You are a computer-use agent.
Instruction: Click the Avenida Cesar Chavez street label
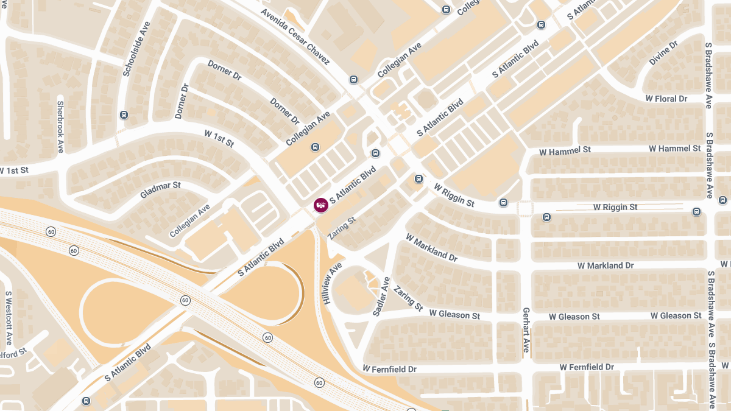coord(295,37)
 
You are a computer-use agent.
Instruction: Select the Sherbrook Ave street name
coord(60,127)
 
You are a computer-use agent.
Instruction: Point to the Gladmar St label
coord(160,189)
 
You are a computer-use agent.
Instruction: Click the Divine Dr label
coord(663,54)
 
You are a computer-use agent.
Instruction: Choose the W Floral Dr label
coord(666,99)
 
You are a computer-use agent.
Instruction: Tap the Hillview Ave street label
coord(333,284)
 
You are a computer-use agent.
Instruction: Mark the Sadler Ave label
coord(381,296)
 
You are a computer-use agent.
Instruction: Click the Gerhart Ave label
coord(526,329)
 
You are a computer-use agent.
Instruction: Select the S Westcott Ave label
coord(9,317)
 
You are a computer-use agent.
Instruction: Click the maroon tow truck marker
coord(320,205)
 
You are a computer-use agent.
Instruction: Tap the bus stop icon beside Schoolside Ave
coord(124,114)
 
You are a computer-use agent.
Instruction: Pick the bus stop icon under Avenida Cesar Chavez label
coord(353,80)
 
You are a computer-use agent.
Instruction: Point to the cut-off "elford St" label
coord(13,353)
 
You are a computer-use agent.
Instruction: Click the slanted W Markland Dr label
coord(431,248)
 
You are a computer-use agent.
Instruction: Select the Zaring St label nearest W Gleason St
coord(408,298)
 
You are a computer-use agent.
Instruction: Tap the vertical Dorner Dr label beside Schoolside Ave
coord(182,100)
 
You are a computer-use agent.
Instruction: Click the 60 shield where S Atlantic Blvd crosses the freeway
coord(185,300)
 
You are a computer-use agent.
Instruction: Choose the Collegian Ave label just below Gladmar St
coord(189,220)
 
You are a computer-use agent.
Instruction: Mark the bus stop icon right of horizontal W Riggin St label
coord(696,211)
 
